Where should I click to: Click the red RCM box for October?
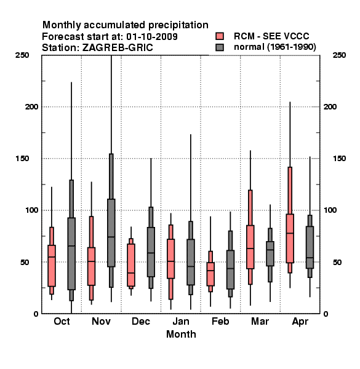(52, 266)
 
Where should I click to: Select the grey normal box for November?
(111, 232)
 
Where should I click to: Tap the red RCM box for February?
(210, 274)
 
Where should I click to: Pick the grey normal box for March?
(270, 253)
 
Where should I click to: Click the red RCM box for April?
(290, 239)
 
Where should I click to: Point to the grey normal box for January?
(191, 262)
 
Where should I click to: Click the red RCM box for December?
(131, 265)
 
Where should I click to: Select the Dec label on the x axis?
(141, 321)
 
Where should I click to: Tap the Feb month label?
(220, 321)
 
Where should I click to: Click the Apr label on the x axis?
(300, 322)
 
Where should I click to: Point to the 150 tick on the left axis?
(22, 159)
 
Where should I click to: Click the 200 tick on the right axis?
(330, 106)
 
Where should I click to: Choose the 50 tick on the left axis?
(25, 262)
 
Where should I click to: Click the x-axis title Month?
(181, 334)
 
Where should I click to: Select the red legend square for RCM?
(220, 36)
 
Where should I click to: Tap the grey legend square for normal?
(220, 47)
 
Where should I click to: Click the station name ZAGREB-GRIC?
(118, 47)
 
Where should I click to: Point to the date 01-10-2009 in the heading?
(152, 36)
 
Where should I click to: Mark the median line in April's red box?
(290, 233)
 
